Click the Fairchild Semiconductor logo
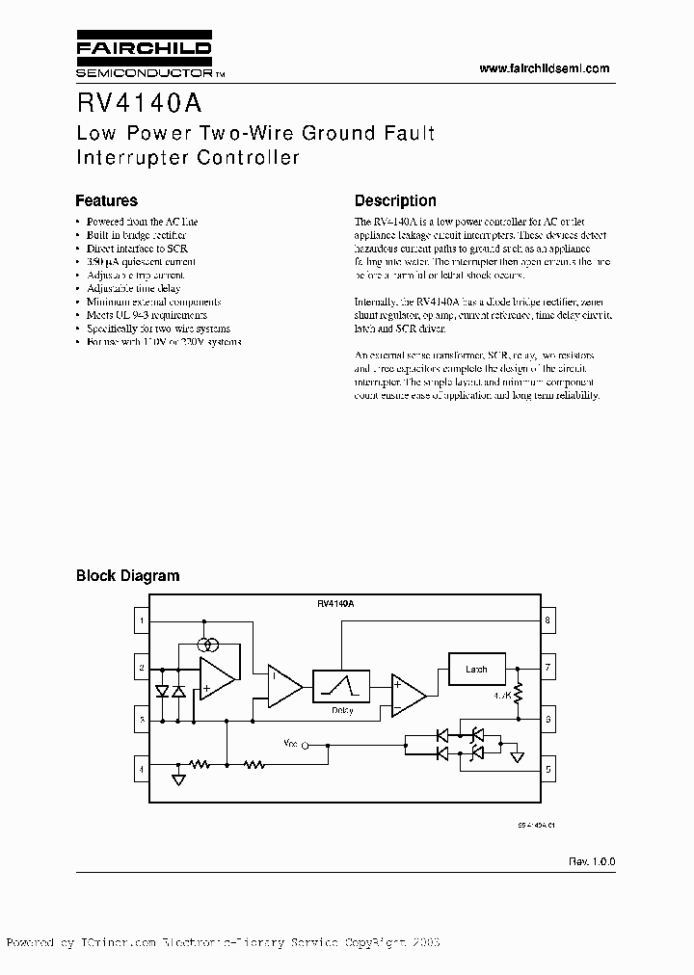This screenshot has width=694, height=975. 144,57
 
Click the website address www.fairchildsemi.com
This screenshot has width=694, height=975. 544,68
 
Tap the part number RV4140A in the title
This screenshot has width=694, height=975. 134,102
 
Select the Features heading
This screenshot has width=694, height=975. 106,201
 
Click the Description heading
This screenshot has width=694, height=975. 395,201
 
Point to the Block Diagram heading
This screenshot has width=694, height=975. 127,576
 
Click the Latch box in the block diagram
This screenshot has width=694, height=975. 476,668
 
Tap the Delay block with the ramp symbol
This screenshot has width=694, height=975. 341,688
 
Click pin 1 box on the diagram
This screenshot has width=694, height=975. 142,621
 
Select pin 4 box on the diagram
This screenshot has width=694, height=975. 142,769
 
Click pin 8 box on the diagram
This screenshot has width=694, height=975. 547,621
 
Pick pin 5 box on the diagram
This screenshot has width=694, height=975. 547,769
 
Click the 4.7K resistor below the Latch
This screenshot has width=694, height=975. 518,693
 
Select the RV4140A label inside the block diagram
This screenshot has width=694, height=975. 335,603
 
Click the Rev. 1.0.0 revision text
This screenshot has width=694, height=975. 591,860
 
